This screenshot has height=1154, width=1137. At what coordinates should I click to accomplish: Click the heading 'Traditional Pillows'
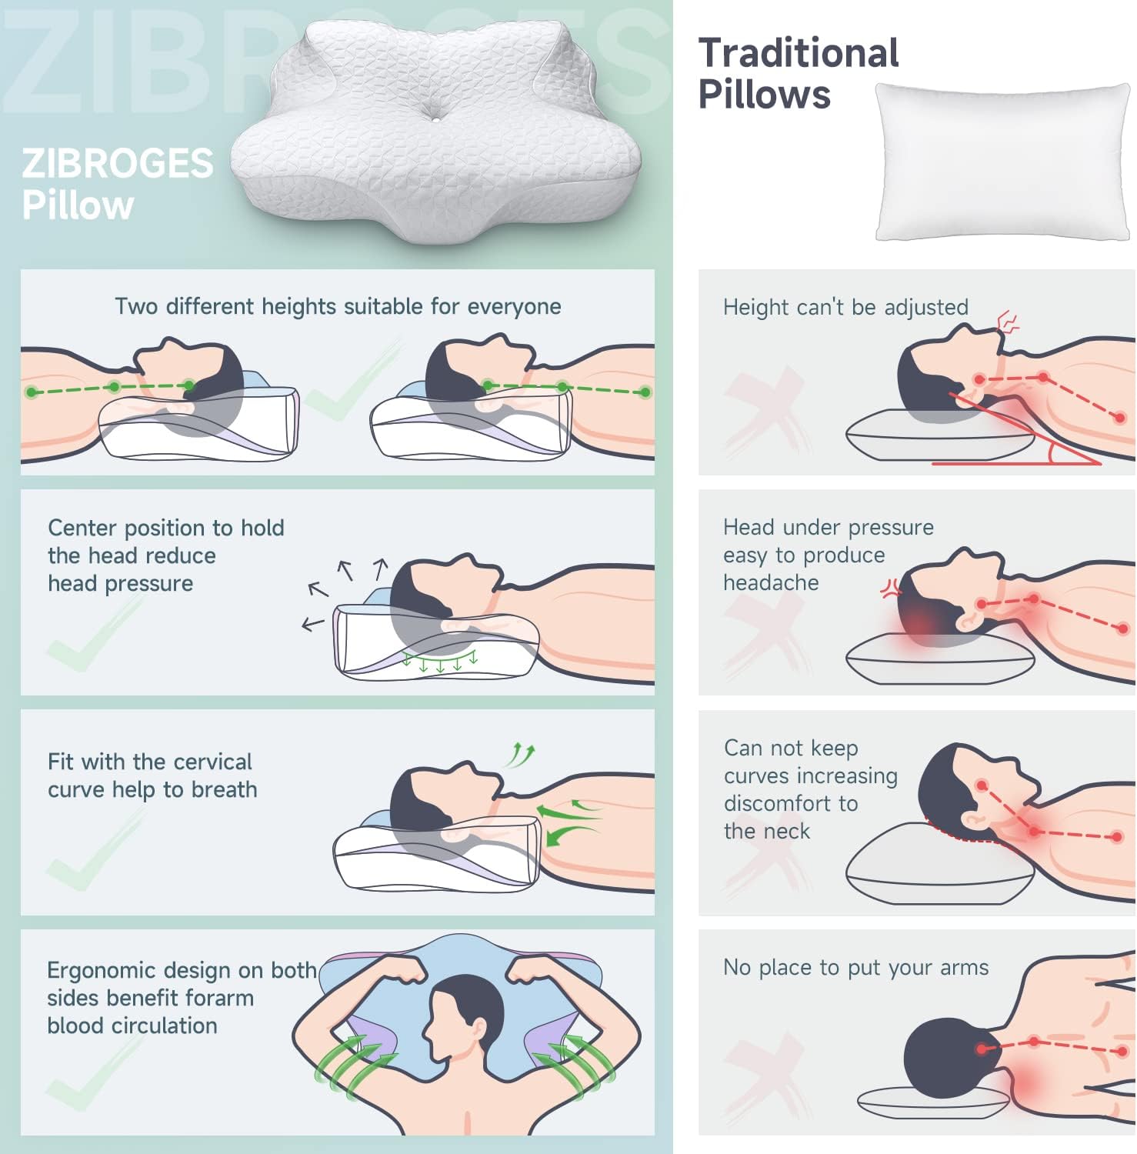(799, 74)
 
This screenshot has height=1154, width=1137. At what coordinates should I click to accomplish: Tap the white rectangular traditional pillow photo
(1003, 162)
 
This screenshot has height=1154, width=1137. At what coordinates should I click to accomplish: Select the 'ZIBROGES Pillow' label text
(118, 184)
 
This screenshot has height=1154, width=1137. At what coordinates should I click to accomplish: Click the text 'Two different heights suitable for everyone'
(338, 306)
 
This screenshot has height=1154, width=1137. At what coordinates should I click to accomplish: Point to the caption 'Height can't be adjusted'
(845, 307)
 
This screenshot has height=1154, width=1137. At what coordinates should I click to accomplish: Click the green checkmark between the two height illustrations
(346, 381)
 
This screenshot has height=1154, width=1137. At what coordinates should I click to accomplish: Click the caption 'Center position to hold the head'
(166, 542)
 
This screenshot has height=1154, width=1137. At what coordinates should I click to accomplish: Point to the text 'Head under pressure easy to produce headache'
(829, 555)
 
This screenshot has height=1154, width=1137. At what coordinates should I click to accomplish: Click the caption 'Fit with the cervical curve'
(150, 775)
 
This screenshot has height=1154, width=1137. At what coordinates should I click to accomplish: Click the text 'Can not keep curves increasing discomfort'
(811, 775)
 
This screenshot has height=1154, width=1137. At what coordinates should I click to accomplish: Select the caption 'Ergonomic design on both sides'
(182, 984)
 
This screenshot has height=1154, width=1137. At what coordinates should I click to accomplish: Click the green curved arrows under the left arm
(355, 1066)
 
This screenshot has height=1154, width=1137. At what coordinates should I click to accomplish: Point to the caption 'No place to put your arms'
(856, 967)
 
